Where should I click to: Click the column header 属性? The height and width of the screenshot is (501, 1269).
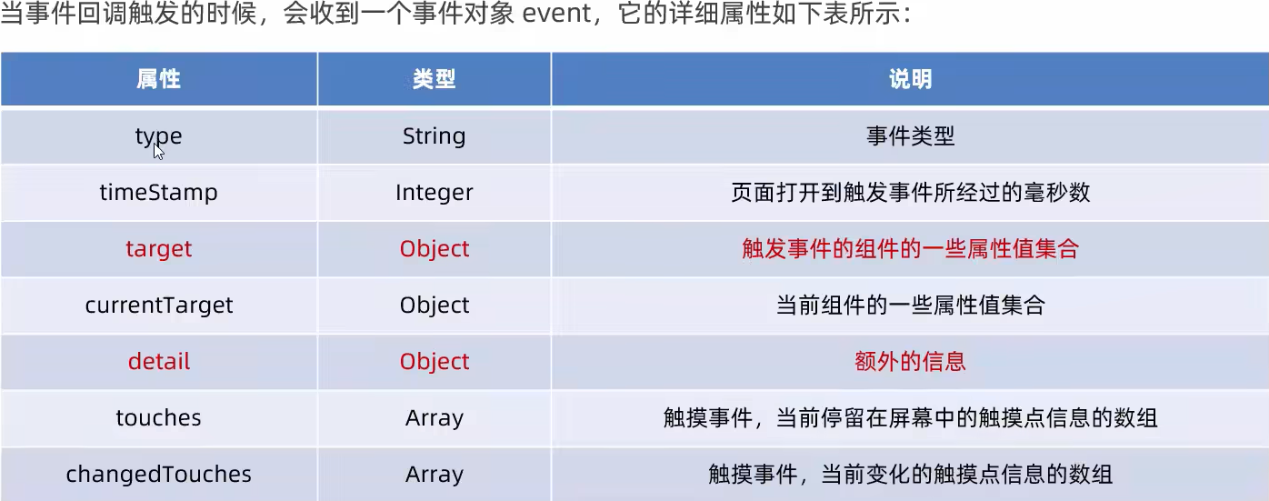[x=158, y=80]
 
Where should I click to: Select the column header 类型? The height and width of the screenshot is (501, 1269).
[x=434, y=80]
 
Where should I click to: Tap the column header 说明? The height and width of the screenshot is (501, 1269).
[x=910, y=80]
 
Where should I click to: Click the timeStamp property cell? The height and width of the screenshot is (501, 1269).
[x=158, y=193]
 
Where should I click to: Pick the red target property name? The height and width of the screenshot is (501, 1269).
[x=158, y=249]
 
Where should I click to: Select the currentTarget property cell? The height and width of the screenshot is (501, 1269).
[x=158, y=306]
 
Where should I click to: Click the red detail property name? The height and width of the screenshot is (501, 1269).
[x=158, y=362]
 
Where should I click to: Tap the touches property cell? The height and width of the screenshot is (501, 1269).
[x=158, y=418]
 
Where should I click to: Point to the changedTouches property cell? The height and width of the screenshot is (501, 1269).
[x=158, y=475]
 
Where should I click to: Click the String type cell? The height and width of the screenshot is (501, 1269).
[x=434, y=136]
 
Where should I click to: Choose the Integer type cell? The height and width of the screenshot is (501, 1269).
[x=434, y=193]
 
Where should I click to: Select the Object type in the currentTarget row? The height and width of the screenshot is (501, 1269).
[x=434, y=306]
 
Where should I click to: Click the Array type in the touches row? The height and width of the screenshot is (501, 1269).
[x=434, y=418]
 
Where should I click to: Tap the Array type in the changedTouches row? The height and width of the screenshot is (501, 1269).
[x=434, y=475]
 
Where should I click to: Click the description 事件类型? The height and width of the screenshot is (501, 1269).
[x=910, y=136]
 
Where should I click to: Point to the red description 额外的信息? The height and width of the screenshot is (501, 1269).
[x=910, y=362]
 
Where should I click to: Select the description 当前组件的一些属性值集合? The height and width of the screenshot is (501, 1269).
[x=910, y=306]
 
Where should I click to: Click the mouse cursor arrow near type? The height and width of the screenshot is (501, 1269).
[x=158, y=150]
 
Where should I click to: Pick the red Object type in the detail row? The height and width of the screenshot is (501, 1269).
[x=434, y=362]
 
